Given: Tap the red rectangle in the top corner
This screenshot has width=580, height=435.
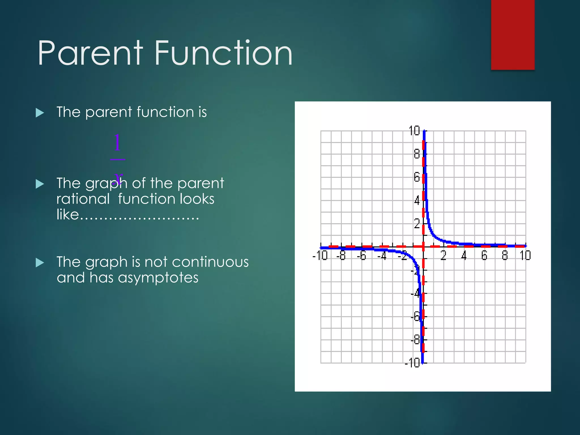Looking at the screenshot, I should (x=513, y=35).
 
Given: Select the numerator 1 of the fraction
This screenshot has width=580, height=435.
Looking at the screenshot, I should (x=117, y=143).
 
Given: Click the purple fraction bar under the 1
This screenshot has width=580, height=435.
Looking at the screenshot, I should (x=118, y=159).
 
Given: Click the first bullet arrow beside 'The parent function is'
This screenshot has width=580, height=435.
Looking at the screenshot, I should (x=40, y=113).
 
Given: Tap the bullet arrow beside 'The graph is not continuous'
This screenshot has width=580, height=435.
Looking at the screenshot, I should (x=40, y=263).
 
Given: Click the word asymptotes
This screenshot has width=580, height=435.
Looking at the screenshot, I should (x=158, y=278).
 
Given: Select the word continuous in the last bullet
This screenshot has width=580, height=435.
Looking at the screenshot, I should (x=210, y=262).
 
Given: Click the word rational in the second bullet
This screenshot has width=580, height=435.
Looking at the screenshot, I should (x=83, y=199).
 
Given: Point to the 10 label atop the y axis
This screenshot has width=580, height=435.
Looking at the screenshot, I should (x=414, y=131).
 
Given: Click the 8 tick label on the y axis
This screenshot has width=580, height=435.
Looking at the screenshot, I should (x=417, y=154).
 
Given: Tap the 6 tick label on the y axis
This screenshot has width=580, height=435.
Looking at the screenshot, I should (x=417, y=177).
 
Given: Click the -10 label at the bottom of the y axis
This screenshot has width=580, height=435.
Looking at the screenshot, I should (x=412, y=363).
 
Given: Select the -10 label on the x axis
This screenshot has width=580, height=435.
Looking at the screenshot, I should (x=320, y=255).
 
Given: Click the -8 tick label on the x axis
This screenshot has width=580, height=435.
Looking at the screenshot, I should (x=341, y=255).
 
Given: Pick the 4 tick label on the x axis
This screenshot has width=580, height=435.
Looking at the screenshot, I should (x=464, y=255).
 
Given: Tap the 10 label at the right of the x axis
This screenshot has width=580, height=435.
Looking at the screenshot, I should (x=525, y=255).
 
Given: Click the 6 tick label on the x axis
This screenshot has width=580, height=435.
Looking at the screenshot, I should (x=484, y=255).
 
